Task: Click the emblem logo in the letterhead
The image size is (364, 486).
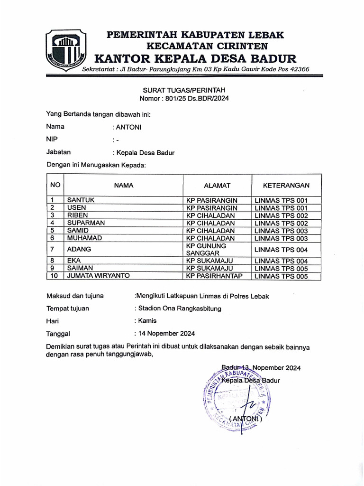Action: click(x=66, y=50)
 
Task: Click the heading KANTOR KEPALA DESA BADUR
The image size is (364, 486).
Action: click(x=195, y=58)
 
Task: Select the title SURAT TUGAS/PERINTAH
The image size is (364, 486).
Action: click(x=184, y=90)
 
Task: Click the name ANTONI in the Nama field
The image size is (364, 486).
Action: click(x=128, y=127)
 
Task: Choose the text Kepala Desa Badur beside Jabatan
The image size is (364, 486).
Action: click(x=145, y=153)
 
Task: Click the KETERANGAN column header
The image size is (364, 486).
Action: click(x=286, y=186)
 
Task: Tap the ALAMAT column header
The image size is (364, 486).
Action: click(x=217, y=186)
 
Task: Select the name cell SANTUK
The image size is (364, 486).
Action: click(x=81, y=200)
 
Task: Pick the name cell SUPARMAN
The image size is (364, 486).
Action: click(x=86, y=223)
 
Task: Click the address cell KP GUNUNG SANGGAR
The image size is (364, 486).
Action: click(x=206, y=250)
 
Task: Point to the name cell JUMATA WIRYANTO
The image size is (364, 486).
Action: click(x=99, y=276)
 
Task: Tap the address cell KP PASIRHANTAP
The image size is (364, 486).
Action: click(x=214, y=276)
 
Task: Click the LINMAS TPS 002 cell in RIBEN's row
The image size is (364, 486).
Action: click(x=282, y=215)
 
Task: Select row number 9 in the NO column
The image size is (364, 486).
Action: click(x=54, y=268)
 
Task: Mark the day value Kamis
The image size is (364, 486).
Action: click(x=147, y=321)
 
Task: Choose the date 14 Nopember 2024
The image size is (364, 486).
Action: click(x=166, y=333)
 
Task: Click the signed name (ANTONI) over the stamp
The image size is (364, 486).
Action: click(x=245, y=419)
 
